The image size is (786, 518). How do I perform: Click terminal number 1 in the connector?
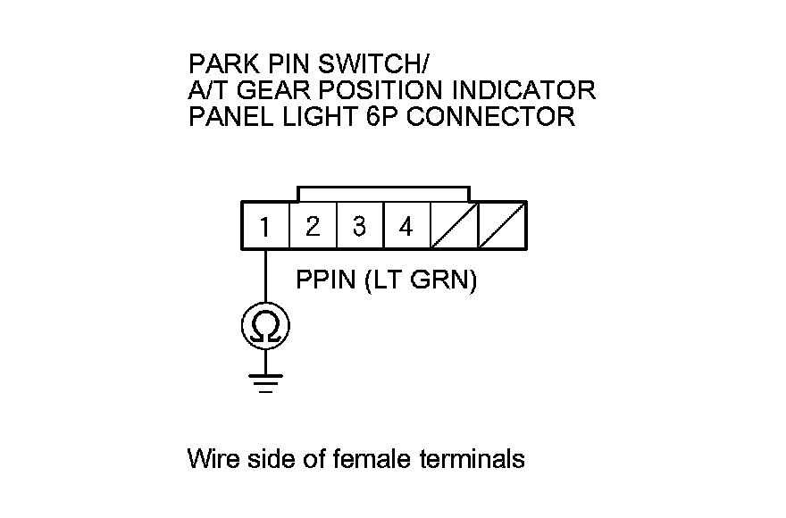[x=265, y=227]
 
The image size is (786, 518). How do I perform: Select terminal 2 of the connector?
[x=312, y=227]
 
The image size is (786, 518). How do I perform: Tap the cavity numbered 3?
[x=359, y=227]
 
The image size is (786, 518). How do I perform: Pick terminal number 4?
[x=406, y=227]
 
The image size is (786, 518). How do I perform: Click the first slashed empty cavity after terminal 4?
[x=454, y=227]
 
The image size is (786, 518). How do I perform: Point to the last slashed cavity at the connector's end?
[x=502, y=227]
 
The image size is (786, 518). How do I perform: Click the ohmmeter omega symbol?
[x=265, y=329]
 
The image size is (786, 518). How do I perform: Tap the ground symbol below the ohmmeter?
[x=265, y=382]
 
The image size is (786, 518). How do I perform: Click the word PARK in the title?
[x=217, y=64]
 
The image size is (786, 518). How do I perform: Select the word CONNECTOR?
[x=491, y=116]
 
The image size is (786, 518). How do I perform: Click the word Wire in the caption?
[x=213, y=460]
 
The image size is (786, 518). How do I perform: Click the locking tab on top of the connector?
[x=383, y=194]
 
